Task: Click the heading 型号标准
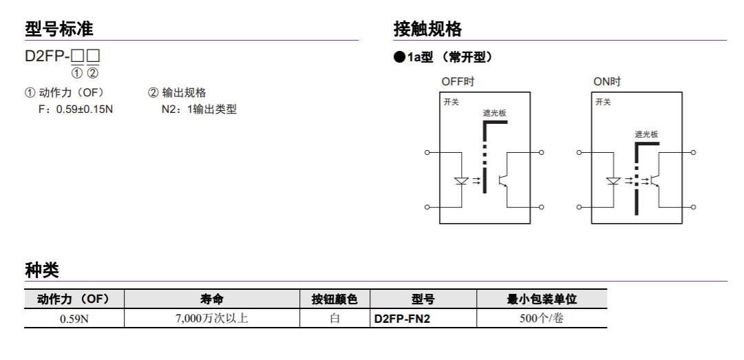coord(59,29)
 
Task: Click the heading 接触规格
coord(427,29)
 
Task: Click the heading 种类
coord(42,271)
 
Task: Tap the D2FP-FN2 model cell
coord(402,319)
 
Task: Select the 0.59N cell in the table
coord(74,319)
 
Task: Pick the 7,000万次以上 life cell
coord(211,318)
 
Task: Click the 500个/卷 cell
coord(542,318)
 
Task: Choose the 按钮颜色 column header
coord(334,299)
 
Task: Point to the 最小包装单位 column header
coord(542,299)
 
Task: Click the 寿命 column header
coord(211,299)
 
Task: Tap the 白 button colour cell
coord(335,318)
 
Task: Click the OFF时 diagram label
coord(458,82)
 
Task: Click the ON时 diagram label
coord(607,82)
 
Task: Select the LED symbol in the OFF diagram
coord(461,181)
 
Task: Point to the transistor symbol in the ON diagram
coord(655,180)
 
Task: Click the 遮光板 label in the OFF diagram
coord(495,113)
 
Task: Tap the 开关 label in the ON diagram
coord(603,102)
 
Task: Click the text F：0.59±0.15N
coord(76,109)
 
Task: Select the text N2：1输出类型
coord(199,109)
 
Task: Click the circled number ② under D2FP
coord(93,73)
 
